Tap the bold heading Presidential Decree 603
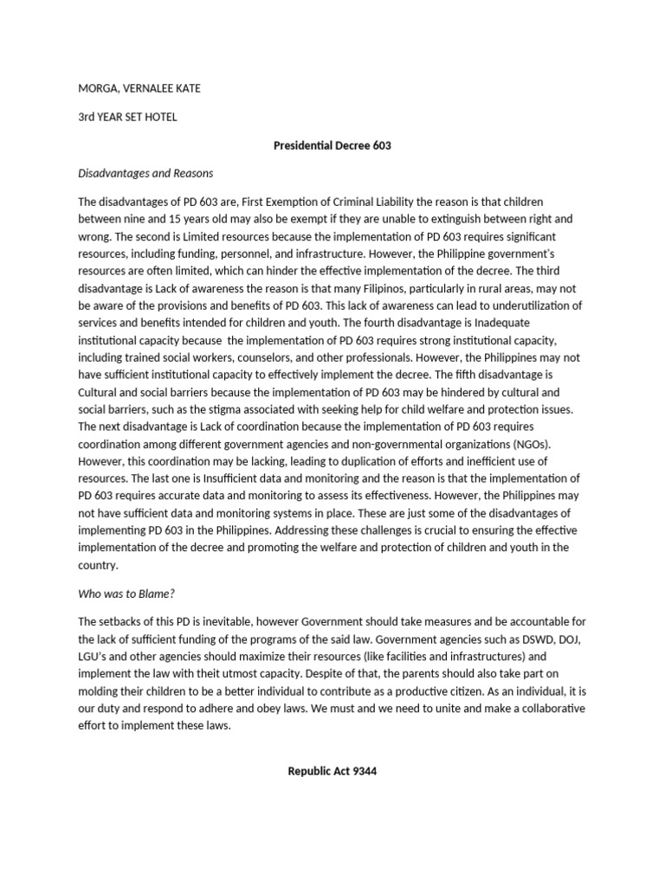pyautogui.click(x=332, y=145)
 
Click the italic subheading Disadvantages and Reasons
pyautogui.click(x=145, y=173)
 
